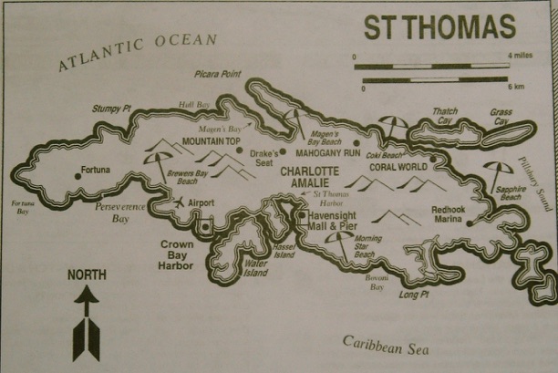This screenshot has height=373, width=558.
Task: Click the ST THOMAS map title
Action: pos(439,27)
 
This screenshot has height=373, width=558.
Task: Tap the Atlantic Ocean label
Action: pos(138,52)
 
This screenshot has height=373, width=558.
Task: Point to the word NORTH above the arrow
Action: pos(87,274)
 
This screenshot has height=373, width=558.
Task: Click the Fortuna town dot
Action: pos(77,170)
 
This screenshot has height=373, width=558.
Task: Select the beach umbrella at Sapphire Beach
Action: pos(497,171)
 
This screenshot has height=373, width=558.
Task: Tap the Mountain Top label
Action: pos(211,142)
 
